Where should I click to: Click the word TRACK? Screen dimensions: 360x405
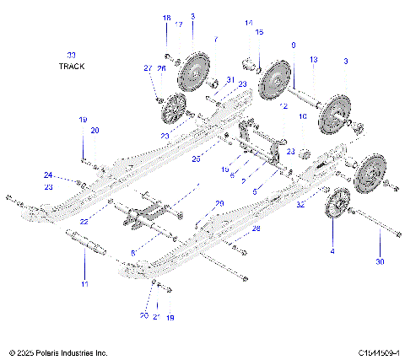point(72,65)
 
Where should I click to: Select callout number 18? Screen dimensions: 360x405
point(166,18)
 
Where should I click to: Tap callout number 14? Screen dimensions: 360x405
point(248,23)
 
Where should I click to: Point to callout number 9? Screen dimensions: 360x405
point(293,44)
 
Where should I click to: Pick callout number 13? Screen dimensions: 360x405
point(313,59)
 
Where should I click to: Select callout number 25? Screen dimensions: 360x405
point(196,158)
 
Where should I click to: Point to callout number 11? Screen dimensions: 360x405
point(84,284)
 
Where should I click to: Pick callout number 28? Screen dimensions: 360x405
point(256,228)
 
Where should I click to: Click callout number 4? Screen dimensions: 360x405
point(332,251)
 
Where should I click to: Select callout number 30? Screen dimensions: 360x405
point(379,262)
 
